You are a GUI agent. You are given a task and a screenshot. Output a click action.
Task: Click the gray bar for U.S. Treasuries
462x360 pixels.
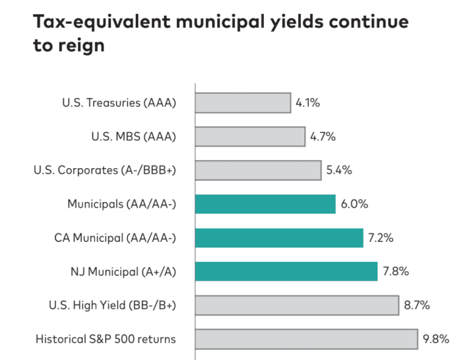(243, 103)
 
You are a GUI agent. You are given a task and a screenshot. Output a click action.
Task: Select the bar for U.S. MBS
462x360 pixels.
(251, 136)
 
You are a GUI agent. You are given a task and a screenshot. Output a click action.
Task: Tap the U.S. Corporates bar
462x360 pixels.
(258, 170)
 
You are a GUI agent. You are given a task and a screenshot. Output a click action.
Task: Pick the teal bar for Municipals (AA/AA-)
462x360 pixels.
(265, 204)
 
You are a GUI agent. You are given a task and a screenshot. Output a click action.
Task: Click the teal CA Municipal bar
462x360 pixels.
(279, 237)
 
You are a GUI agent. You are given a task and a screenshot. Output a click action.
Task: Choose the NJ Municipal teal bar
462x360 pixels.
(286, 271)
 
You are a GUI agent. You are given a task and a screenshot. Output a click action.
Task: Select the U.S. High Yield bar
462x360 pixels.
(297, 305)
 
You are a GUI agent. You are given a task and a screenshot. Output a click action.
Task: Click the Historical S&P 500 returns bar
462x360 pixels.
(306, 339)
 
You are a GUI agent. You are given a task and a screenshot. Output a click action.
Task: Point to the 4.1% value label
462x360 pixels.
(308, 103)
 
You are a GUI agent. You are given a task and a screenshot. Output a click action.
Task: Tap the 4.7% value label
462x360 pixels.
(323, 136)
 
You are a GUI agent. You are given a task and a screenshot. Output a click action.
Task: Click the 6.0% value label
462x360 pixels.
(354, 204)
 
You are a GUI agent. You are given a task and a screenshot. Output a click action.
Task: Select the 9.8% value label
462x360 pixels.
(436, 339)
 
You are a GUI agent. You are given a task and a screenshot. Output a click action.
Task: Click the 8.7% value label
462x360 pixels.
(417, 305)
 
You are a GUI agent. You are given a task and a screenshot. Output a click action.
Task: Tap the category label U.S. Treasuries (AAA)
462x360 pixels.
(119, 103)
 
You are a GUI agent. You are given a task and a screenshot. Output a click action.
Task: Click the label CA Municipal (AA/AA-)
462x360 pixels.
(114, 237)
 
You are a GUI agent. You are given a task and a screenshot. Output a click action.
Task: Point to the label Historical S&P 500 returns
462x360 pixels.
(106, 339)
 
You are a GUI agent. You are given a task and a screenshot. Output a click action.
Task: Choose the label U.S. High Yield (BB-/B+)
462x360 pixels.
(112, 305)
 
